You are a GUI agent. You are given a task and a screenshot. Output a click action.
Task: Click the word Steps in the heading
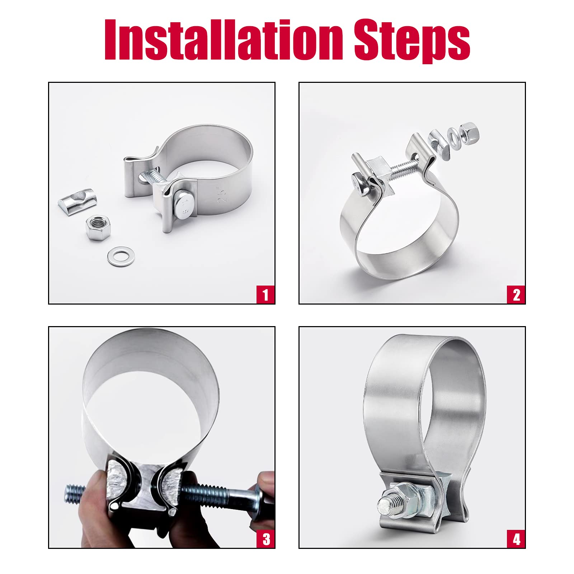click(x=412, y=40)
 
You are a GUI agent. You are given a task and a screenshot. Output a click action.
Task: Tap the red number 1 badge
click(x=265, y=295)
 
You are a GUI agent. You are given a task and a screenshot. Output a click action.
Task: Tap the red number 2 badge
click(x=516, y=295)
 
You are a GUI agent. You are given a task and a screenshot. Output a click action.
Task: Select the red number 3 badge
click(x=265, y=539)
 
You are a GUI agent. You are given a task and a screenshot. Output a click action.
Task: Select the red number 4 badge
click(x=516, y=539)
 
